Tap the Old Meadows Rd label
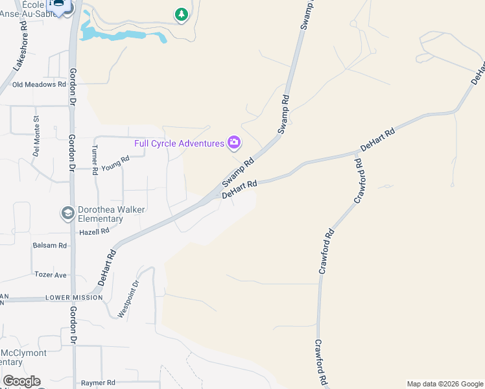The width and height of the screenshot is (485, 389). [x=40, y=84]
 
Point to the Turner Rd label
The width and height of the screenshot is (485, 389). [x=94, y=159]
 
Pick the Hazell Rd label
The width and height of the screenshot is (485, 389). [x=94, y=231]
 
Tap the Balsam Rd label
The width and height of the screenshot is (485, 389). [x=50, y=246]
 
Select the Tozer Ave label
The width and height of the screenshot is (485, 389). [x=51, y=275]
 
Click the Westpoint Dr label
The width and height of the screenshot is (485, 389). [x=128, y=299]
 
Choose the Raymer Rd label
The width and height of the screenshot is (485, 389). [x=98, y=383]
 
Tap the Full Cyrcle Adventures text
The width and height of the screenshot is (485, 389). [x=179, y=143]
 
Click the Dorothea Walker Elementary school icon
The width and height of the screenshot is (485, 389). [x=67, y=213]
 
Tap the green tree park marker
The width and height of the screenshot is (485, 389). [x=182, y=14]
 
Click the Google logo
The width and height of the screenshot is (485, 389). [x=21, y=381]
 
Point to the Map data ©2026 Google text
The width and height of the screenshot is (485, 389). [x=445, y=384]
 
